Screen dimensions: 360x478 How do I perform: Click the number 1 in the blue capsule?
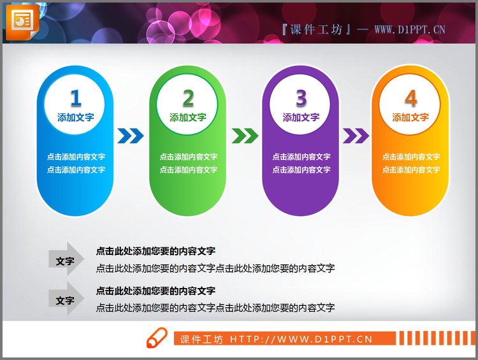(x=76, y=98)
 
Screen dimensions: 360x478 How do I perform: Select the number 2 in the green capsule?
(x=188, y=98)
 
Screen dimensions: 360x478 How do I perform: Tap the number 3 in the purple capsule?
(x=301, y=98)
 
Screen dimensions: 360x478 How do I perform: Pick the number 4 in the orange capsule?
(x=410, y=98)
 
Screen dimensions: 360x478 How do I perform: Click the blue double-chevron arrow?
(x=131, y=136)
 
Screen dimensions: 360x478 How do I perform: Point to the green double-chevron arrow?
(x=245, y=136)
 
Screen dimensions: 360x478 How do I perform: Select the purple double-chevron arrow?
(x=356, y=136)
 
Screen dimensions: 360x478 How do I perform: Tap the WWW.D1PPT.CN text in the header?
(x=409, y=29)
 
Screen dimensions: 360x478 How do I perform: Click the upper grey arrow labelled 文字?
(x=66, y=261)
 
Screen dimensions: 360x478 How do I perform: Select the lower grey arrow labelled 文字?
(x=66, y=300)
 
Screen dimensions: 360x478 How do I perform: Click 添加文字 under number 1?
(x=76, y=117)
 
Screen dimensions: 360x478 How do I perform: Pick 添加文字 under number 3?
(x=301, y=117)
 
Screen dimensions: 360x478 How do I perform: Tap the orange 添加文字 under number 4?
(x=410, y=117)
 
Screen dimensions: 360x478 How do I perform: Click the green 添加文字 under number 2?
(x=188, y=117)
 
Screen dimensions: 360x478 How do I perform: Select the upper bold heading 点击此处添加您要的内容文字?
(x=156, y=252)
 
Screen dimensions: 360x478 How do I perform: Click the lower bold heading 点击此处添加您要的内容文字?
(x=156, y=291)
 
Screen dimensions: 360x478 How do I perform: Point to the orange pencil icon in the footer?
(x=157, y=338)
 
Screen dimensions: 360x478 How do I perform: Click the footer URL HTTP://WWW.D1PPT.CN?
(x=301, y=339)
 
